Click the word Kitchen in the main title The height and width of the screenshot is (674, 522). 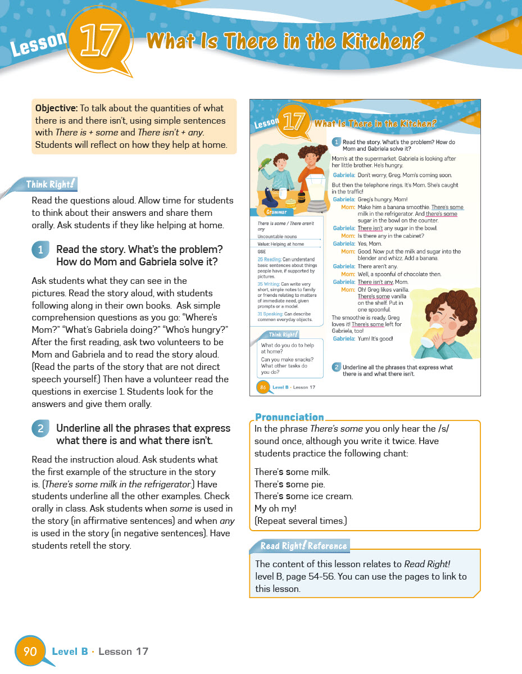[x=383, y=41]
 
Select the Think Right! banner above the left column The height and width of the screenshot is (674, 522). [x=49, y=184]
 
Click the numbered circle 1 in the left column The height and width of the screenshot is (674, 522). [x=40, y=250]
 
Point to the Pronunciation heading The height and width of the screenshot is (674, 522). [x=289, y=417]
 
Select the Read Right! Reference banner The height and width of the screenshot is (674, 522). [x=303, y=546]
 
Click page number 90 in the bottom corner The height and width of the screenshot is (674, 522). [x=30, y=651]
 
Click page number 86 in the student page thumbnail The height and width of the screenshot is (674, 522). [x=262, y=387]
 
